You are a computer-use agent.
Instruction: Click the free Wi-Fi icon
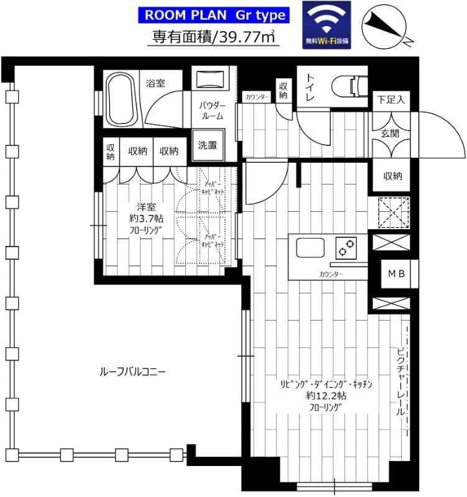pos(326,25)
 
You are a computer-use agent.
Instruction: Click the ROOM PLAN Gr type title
pos(215,14)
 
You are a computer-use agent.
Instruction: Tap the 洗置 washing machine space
pos(207,146)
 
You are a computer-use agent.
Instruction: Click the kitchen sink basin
pos(309,248)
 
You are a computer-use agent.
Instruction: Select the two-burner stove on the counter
pos(344,248)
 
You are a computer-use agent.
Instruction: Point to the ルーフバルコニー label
pos(132,372)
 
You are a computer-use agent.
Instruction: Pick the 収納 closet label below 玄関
pos(392,176)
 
